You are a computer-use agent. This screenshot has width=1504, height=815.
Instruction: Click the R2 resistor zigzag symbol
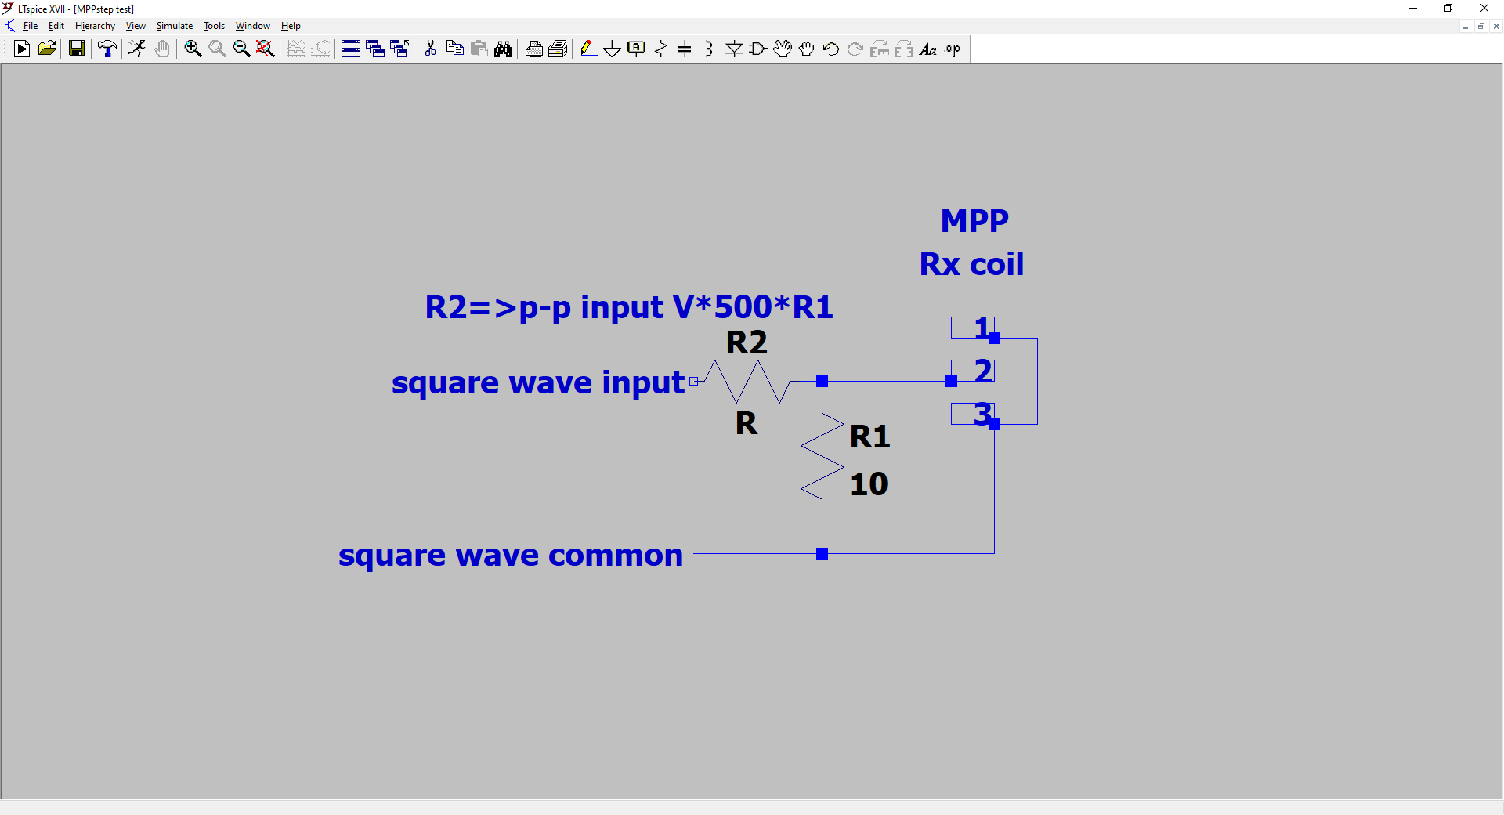click(748, 382)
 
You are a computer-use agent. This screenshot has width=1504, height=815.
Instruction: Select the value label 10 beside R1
click(869, 484)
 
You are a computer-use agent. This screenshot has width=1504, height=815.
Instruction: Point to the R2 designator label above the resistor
click(747, 342)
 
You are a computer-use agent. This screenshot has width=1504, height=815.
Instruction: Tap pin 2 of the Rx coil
click(973, 371)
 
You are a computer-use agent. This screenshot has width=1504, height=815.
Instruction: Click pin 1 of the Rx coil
click(973, 328)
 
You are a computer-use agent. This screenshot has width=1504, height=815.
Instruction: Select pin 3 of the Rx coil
click(973, 414)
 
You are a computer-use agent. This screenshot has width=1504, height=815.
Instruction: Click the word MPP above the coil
click(974, 221)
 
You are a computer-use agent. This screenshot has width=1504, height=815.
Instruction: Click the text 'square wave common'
click(511, 555)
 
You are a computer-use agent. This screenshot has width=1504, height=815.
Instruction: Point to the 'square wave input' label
click(538, 382)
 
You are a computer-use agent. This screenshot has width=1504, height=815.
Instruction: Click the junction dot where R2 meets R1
click(822, 381)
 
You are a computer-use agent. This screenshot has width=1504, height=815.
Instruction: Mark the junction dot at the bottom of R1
click(822, 553)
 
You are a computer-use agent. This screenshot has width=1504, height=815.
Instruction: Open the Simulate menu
click(174, 26)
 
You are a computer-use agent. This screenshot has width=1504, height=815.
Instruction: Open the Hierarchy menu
click(95, 26)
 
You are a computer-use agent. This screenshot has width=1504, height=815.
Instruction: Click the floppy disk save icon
click(76, 49)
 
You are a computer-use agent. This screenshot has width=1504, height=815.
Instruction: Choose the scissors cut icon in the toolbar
click(430, 49)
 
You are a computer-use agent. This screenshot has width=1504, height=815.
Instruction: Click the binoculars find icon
click(503, 49)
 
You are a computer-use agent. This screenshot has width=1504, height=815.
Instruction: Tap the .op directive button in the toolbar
click(952, 49)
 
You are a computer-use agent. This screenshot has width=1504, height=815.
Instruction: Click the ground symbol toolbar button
click(612, 49)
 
